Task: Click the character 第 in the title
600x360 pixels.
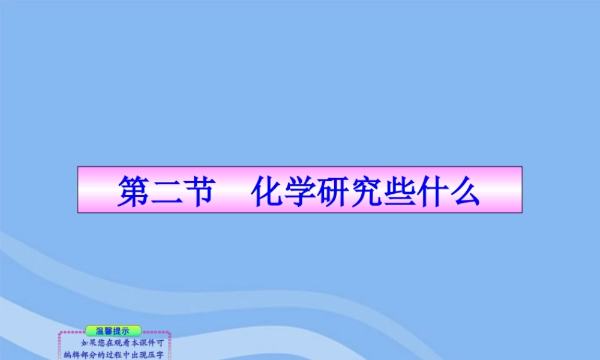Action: tap(133, 191)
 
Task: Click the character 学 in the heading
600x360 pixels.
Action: tap(302, 191)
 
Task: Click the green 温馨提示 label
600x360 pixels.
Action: tap(113, 331)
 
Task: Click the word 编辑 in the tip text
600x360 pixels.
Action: tap(72, 355)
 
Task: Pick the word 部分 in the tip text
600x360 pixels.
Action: tap(88, 355)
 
